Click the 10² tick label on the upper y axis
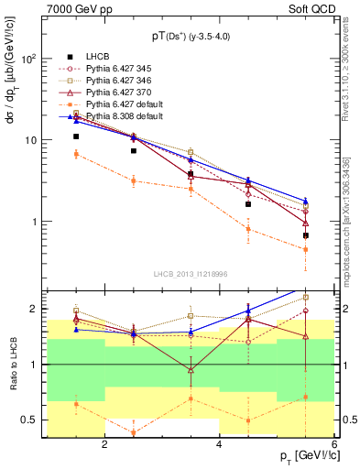[29, 59]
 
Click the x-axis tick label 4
[219, 444]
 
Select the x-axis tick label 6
[333, 444]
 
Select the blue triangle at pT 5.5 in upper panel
[305, 201]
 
